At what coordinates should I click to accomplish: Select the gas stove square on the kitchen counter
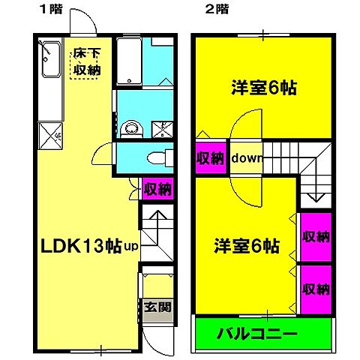pyautogui.click(x=49, y=136)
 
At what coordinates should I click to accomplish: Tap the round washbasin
pyautogui.click(x=131, y=127)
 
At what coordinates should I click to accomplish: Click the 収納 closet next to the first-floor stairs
pyautogui.click(x=157, y=188)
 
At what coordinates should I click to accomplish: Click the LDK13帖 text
pyautogui.click(x=80, y=245)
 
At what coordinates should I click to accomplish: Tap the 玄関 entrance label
pyautogui.click(x=157, y=307)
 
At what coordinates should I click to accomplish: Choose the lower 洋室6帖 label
pyautogui.click(x=247, y=245)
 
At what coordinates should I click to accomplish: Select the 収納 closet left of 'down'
pyautogui.click(x=211, y=158)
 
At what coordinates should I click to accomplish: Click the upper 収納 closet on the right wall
pyautogui.click(x=316, y=237)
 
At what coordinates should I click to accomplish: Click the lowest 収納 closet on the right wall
pyautogui.click(x=316, y=289)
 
